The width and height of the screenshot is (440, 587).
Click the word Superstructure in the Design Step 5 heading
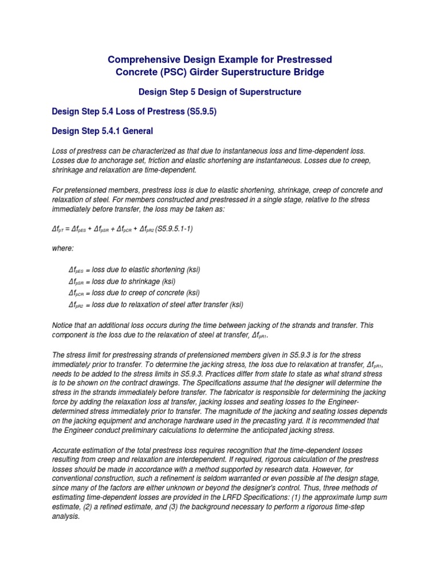point(269,92)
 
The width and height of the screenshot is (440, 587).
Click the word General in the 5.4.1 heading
point(135,131)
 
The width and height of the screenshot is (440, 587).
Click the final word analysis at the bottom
point(66,516)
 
